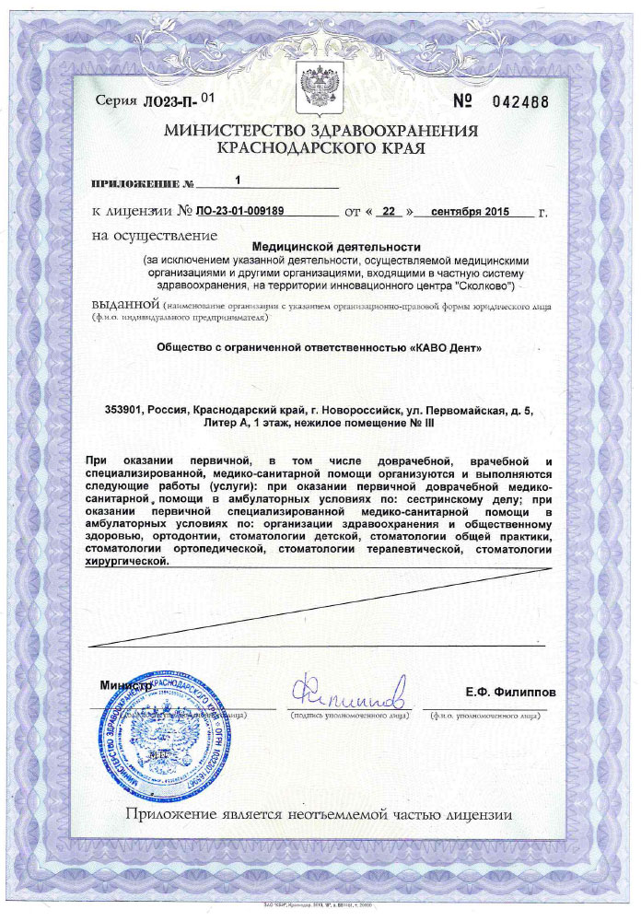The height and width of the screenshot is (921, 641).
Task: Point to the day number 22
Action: (x=390, y=211)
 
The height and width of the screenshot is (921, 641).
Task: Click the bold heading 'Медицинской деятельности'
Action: (x=335, y=247)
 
